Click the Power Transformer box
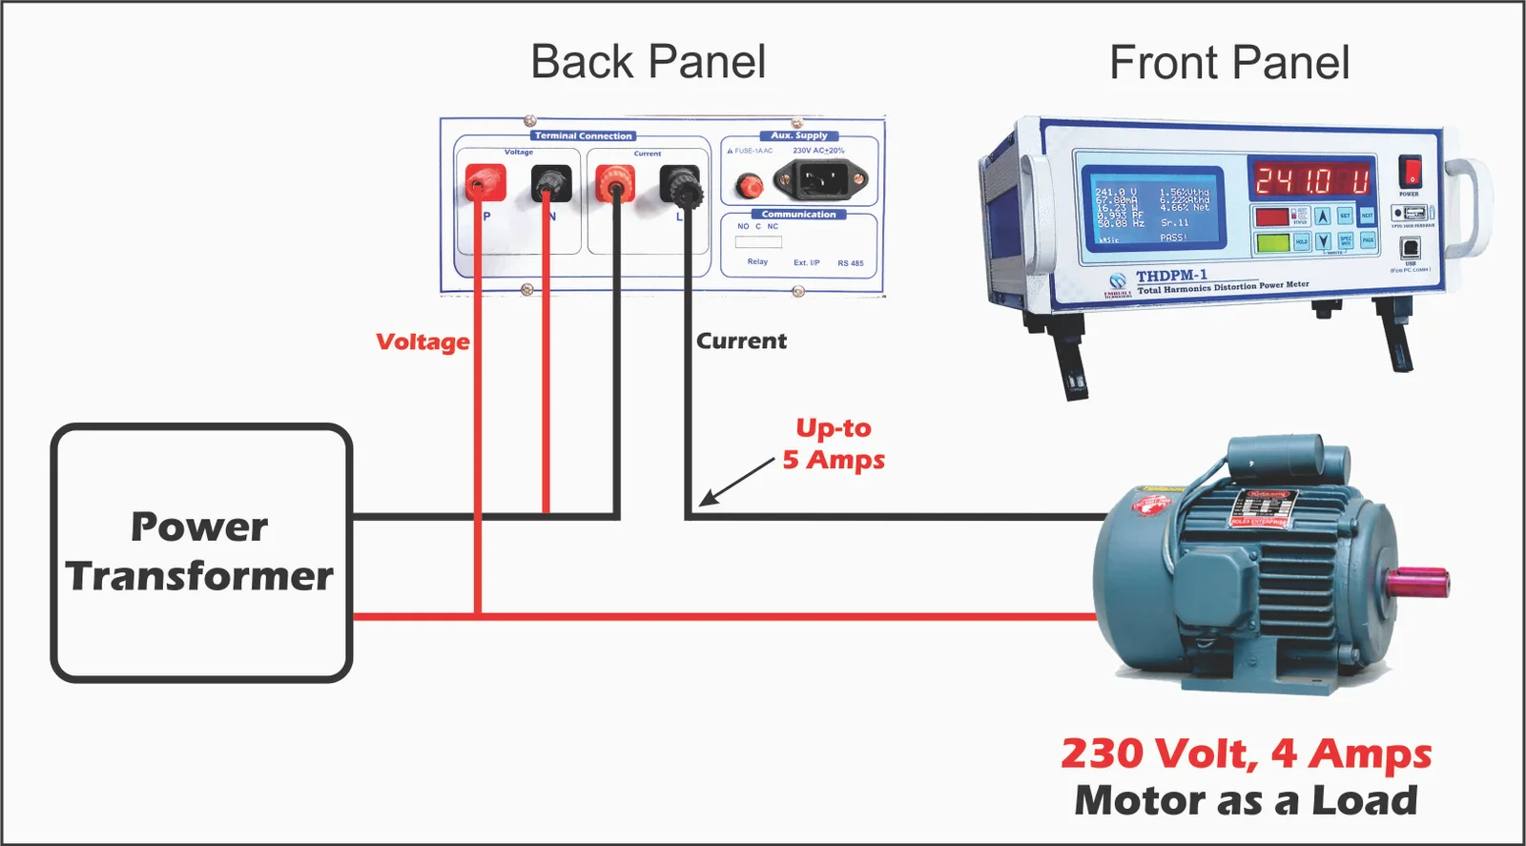point(201,552)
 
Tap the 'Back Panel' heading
point(648,63)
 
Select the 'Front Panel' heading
point(1228,64)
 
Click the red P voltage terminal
point(485,181)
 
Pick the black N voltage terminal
point(550,182)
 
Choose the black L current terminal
point(680,185)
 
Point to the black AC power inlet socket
point(819,178)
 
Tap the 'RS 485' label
point(850,263)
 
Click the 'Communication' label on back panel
point(798,215)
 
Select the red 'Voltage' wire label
point(423,341)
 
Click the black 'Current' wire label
point(741,341)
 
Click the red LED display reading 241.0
point(1311,179)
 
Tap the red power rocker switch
point(1409,173)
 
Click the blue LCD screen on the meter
point(1153,209)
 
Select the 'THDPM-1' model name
point(1171,276)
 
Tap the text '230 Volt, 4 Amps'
point(1246,753)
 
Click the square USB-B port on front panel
point(1410,248)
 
